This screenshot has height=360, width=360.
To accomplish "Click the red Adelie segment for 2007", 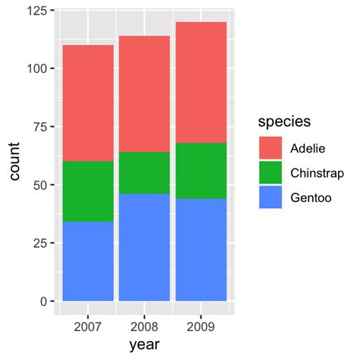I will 88,103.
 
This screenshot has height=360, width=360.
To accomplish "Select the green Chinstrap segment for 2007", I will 88,191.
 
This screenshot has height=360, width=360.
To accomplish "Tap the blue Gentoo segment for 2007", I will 88,261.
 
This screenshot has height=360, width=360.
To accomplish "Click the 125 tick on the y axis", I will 36,11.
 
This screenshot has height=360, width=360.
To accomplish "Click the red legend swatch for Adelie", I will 270,148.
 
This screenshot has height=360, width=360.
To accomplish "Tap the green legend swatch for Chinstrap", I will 270,173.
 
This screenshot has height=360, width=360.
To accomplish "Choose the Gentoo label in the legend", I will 310,198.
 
